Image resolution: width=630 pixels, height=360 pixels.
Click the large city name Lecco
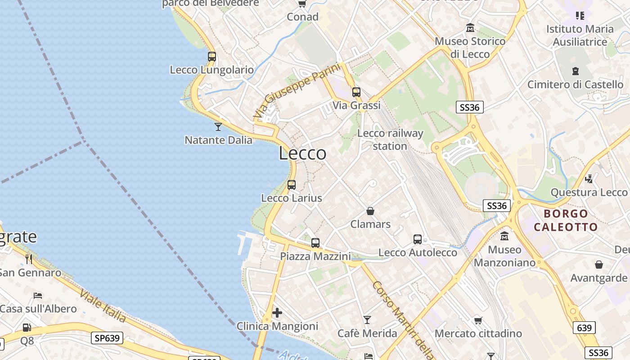tap(302, 153)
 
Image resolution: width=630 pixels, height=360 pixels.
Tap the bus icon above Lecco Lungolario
tap(212, 57)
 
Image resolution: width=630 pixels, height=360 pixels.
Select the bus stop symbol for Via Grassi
tap(356, 92)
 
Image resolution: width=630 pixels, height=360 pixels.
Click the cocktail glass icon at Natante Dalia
tap(218, 126)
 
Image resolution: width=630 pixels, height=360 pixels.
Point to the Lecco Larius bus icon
tap(292, 184)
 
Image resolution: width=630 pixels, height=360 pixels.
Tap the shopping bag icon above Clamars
tap(370, 211)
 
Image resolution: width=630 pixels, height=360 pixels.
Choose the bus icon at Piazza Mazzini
tap(315, 243)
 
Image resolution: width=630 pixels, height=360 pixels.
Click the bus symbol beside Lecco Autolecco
tap(418, 239)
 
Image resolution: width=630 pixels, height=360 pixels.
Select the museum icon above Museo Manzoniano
tap(504, 236)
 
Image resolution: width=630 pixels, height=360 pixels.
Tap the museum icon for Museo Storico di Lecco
tap(470, 28)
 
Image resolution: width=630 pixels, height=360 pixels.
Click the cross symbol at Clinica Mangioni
tap(277, 312)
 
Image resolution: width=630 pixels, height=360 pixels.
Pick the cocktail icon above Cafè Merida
tap(367, 319)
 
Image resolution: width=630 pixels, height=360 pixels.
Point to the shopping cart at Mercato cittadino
tap(478, 320)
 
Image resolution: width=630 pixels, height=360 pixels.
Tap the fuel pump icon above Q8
tap(27, 327)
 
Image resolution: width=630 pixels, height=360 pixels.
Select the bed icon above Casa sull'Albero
tap(38, 296)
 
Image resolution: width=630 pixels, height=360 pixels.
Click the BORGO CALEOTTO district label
tap(566, 220)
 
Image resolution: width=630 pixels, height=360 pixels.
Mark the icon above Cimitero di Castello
tap(575, 71)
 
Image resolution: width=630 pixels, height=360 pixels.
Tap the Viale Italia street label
tap(103, 306)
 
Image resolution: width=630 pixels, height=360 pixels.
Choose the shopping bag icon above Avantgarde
tap(598, 265)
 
